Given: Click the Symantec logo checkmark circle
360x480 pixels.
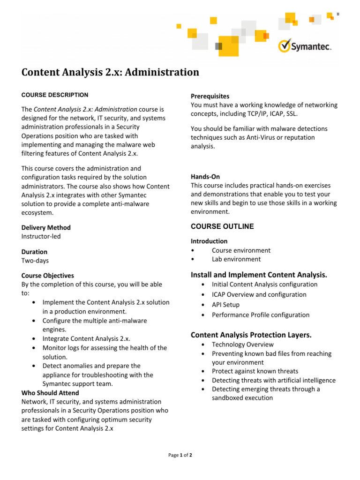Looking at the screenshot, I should [x=285, y=46].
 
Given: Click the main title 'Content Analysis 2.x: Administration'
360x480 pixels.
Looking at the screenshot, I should [x=110, y=72].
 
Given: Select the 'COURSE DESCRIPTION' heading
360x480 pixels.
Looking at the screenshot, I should [x=55, y=95].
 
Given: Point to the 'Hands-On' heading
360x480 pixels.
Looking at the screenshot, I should [x=205, y=177].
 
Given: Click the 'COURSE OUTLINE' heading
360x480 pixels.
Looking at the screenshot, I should [x=222, y=226].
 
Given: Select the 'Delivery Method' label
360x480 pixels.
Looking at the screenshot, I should [x=46, y=227].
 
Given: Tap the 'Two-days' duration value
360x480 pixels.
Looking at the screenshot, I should [x=35, y=261].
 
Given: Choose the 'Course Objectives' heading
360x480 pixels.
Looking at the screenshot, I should [x=48, y=276].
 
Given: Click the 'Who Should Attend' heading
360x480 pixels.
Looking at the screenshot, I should [x=50, y=393].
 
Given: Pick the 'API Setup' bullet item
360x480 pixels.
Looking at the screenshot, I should [x=225, y=305].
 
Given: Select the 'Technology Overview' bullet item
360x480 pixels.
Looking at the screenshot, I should [x=243, y=345].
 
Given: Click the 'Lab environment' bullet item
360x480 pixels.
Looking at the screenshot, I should [x=236, y=259].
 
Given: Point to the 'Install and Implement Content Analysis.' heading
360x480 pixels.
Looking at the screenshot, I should [x=259, y=274].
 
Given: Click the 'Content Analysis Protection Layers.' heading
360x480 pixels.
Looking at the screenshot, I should [x=251, y=335].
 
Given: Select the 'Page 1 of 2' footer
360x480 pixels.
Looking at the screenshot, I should [x=180, y=455].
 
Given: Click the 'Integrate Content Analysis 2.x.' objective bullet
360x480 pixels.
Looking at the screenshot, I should [x=86, y=339].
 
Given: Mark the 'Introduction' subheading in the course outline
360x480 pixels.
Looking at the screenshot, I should [x=209, y=241].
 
